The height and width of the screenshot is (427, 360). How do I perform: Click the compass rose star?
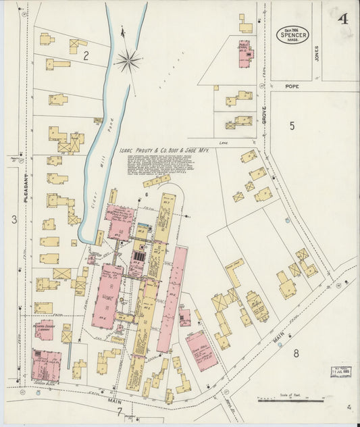pos(127,61)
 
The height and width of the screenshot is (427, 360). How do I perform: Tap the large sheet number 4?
pos(344,18)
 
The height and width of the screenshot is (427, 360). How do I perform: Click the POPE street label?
pos(291,86)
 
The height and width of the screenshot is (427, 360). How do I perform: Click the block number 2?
pos(86,56)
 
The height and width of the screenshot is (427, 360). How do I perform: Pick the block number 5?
pos(292,126)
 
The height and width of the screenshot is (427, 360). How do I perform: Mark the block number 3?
pos(13,218)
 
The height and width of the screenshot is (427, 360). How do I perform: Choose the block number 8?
pos(295,353)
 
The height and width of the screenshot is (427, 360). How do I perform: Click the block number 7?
pos(119,411)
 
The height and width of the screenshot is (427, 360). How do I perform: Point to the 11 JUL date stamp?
pos(340,372)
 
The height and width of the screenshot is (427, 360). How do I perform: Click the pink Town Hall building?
pos(201,350)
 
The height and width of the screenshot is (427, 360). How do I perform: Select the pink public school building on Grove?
pos(244,54)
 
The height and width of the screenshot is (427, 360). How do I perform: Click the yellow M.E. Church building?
pos(257,306)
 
